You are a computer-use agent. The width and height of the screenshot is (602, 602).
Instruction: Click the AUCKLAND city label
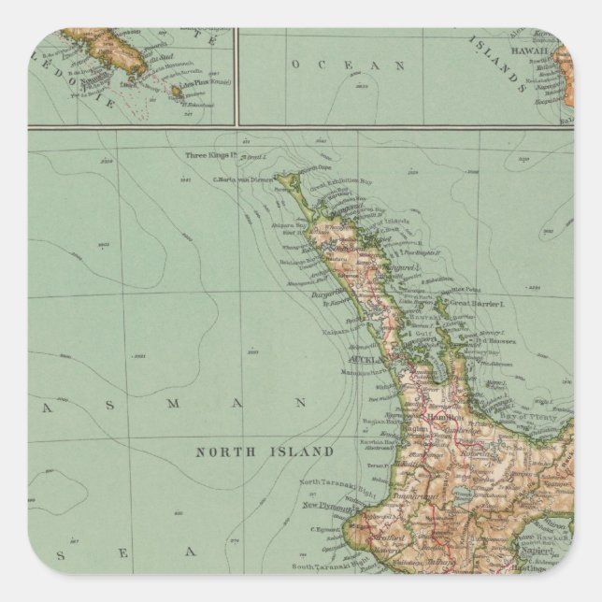click(361, 358)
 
